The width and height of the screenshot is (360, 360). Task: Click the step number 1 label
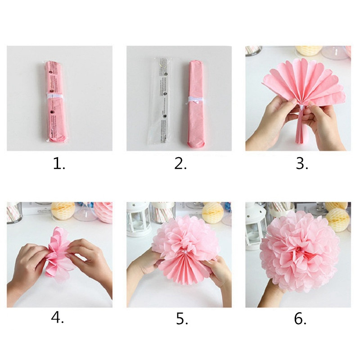59,164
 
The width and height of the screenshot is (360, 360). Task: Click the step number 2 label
180,164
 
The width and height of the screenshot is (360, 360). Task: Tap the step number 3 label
301,164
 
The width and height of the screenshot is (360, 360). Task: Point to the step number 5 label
180,319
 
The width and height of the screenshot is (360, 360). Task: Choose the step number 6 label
300,319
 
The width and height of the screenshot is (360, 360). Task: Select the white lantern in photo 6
256,225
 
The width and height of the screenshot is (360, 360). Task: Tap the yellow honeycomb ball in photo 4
63,210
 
